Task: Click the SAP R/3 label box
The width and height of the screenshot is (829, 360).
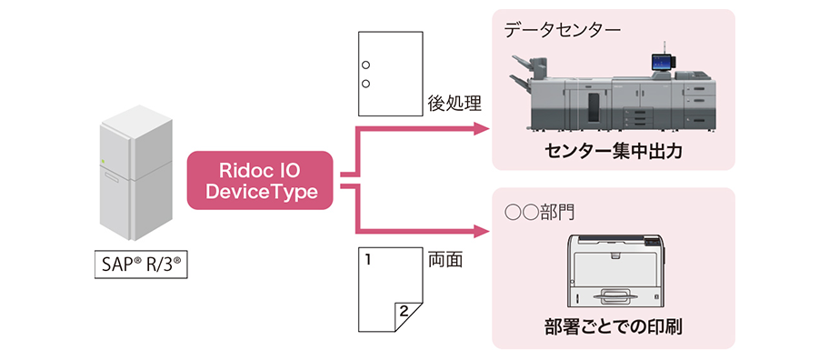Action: [x=140, y=265]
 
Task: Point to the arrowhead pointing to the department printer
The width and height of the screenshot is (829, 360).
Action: [x=482, y=228]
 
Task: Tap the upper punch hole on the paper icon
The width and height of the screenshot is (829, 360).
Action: [x=366, y=65]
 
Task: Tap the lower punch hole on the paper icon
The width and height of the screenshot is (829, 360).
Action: [x=366, y=85]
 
